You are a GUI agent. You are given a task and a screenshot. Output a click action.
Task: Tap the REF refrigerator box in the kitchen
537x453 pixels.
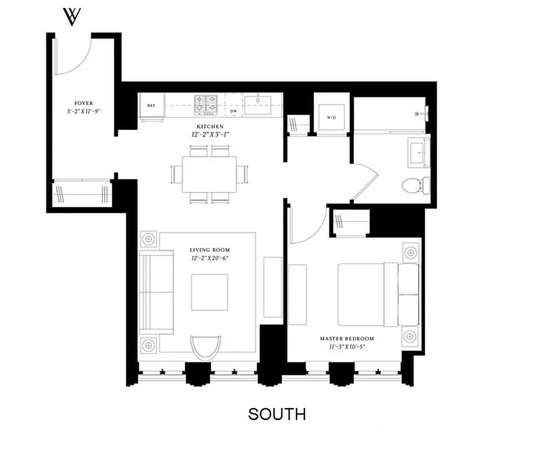pos(151,106)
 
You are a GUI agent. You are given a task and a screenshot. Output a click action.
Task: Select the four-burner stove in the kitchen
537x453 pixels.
pos(206,105)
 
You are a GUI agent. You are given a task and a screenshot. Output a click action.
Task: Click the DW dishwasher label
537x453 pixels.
pos(233,112)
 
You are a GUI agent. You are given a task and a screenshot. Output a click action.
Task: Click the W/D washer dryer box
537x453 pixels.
pos(331,118)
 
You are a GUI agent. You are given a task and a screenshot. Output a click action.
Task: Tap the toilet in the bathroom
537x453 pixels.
pos(414,185)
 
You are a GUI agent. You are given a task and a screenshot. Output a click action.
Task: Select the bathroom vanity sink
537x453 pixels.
pos(420,151)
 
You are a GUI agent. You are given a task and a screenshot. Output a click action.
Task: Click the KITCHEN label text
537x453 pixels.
pos(210,127)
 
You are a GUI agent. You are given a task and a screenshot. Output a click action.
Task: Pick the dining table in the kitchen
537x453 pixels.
pos(209,174)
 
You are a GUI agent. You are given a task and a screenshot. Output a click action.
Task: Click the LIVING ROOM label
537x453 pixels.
pos(209,250)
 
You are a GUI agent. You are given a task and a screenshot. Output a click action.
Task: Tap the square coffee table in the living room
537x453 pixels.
pos(209,292)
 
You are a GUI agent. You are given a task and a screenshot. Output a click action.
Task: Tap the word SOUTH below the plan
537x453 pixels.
pos(277,414)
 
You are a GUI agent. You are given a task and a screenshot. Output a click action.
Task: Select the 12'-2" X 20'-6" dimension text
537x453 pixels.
pos(210,258)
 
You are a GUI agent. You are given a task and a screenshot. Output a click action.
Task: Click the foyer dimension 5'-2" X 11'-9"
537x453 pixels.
pos(83,112)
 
